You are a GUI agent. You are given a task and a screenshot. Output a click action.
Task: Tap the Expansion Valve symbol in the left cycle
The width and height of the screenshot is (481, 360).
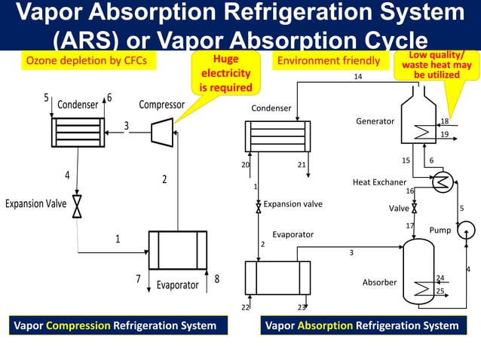77,206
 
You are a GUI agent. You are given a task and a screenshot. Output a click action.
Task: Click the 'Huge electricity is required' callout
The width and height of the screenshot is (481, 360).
225,73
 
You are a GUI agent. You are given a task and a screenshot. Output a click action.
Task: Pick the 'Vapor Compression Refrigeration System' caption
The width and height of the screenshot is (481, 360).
114,325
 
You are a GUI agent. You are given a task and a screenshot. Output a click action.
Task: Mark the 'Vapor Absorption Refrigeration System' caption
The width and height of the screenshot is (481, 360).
361,325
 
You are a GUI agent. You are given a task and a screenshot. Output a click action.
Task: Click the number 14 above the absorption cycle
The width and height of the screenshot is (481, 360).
358,77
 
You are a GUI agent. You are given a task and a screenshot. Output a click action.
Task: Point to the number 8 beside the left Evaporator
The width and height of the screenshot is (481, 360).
217,279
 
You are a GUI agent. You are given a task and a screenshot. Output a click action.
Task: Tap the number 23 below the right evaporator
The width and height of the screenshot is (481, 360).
302,307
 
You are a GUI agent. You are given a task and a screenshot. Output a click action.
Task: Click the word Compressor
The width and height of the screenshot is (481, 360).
161,105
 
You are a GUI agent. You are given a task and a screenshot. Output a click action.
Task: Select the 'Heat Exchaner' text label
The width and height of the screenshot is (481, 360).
379,182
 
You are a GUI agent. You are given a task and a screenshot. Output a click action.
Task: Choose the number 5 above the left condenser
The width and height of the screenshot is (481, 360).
46,98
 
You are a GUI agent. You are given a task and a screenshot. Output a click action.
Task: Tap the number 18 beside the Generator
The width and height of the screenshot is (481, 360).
445,121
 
